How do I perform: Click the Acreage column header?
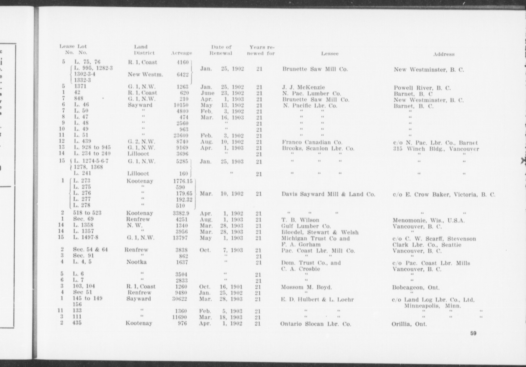(181, 53)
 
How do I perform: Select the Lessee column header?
(330, 53)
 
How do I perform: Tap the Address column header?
(444, 54)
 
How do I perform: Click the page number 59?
(473, 333)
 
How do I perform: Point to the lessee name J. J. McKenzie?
(303, 88)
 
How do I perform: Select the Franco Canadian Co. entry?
(312, 142)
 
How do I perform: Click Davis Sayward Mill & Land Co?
(328, 194)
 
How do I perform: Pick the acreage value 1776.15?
(183, 181)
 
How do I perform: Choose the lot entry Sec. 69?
(83, 219)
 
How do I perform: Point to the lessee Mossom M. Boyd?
(306, 287)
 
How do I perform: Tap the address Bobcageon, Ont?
(416, 288)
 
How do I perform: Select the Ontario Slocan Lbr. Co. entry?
(315, 324)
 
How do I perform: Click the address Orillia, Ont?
(409, 324)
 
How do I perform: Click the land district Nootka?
(136, 262)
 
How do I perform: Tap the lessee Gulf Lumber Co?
(306, 226)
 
